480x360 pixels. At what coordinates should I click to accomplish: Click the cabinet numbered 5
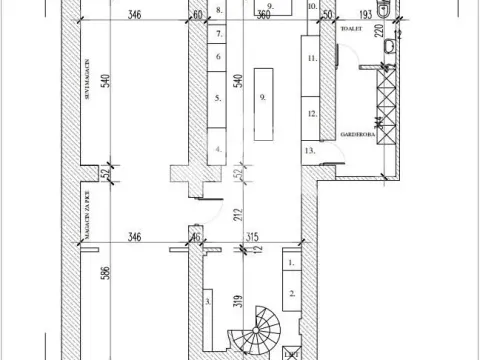click(216, 98)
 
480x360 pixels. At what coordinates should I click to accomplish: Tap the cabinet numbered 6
click(216, 56)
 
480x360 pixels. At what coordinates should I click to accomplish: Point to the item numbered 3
click(207, 298)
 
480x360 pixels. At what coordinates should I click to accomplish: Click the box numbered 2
click(290, 292)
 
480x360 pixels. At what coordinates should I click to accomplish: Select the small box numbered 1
click(290, 262)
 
